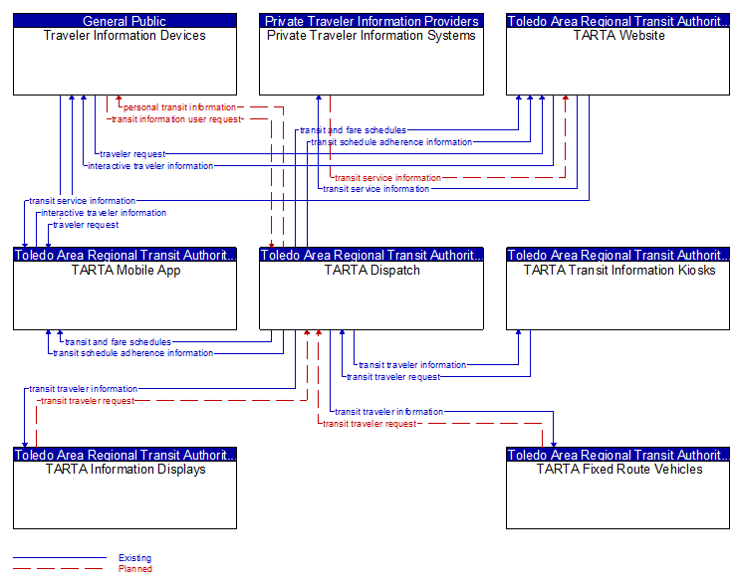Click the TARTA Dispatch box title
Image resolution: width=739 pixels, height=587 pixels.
(x=371, y=271)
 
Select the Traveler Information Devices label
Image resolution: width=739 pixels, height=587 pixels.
(x=124, y=35)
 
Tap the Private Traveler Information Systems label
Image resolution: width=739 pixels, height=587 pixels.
(x=371, y=35)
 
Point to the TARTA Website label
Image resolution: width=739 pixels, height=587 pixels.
(x=618, y=35)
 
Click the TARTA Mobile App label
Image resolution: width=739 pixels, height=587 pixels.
(x=125, y=271)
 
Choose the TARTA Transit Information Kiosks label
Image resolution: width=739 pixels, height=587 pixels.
(x=619, y=271)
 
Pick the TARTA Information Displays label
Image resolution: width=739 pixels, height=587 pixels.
(x=125, y=470)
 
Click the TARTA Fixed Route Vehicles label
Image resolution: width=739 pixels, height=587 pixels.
(x=619, y=470)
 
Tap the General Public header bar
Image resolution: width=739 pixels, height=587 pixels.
(x=124, y=21)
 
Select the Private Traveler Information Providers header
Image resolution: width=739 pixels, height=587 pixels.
(x=371, y=21)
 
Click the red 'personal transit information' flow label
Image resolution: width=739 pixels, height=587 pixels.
(x=179, y=107)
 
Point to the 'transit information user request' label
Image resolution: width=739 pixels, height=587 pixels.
(x=176, y=119)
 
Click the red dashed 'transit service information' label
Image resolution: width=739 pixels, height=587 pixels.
(x=387, y=178)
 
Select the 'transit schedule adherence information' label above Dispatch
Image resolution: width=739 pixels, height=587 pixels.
(x=391, y=142)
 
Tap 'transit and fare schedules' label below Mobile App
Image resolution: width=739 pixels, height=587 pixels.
(x=118, y=342)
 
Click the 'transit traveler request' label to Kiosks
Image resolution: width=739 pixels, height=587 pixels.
(x=393, y=377)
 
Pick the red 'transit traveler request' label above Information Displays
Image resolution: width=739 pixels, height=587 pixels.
(x=88, y=401)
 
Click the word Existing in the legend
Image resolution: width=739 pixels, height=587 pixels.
(x=134, y=558)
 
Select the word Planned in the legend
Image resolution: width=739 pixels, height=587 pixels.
(x=135, y=569)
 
